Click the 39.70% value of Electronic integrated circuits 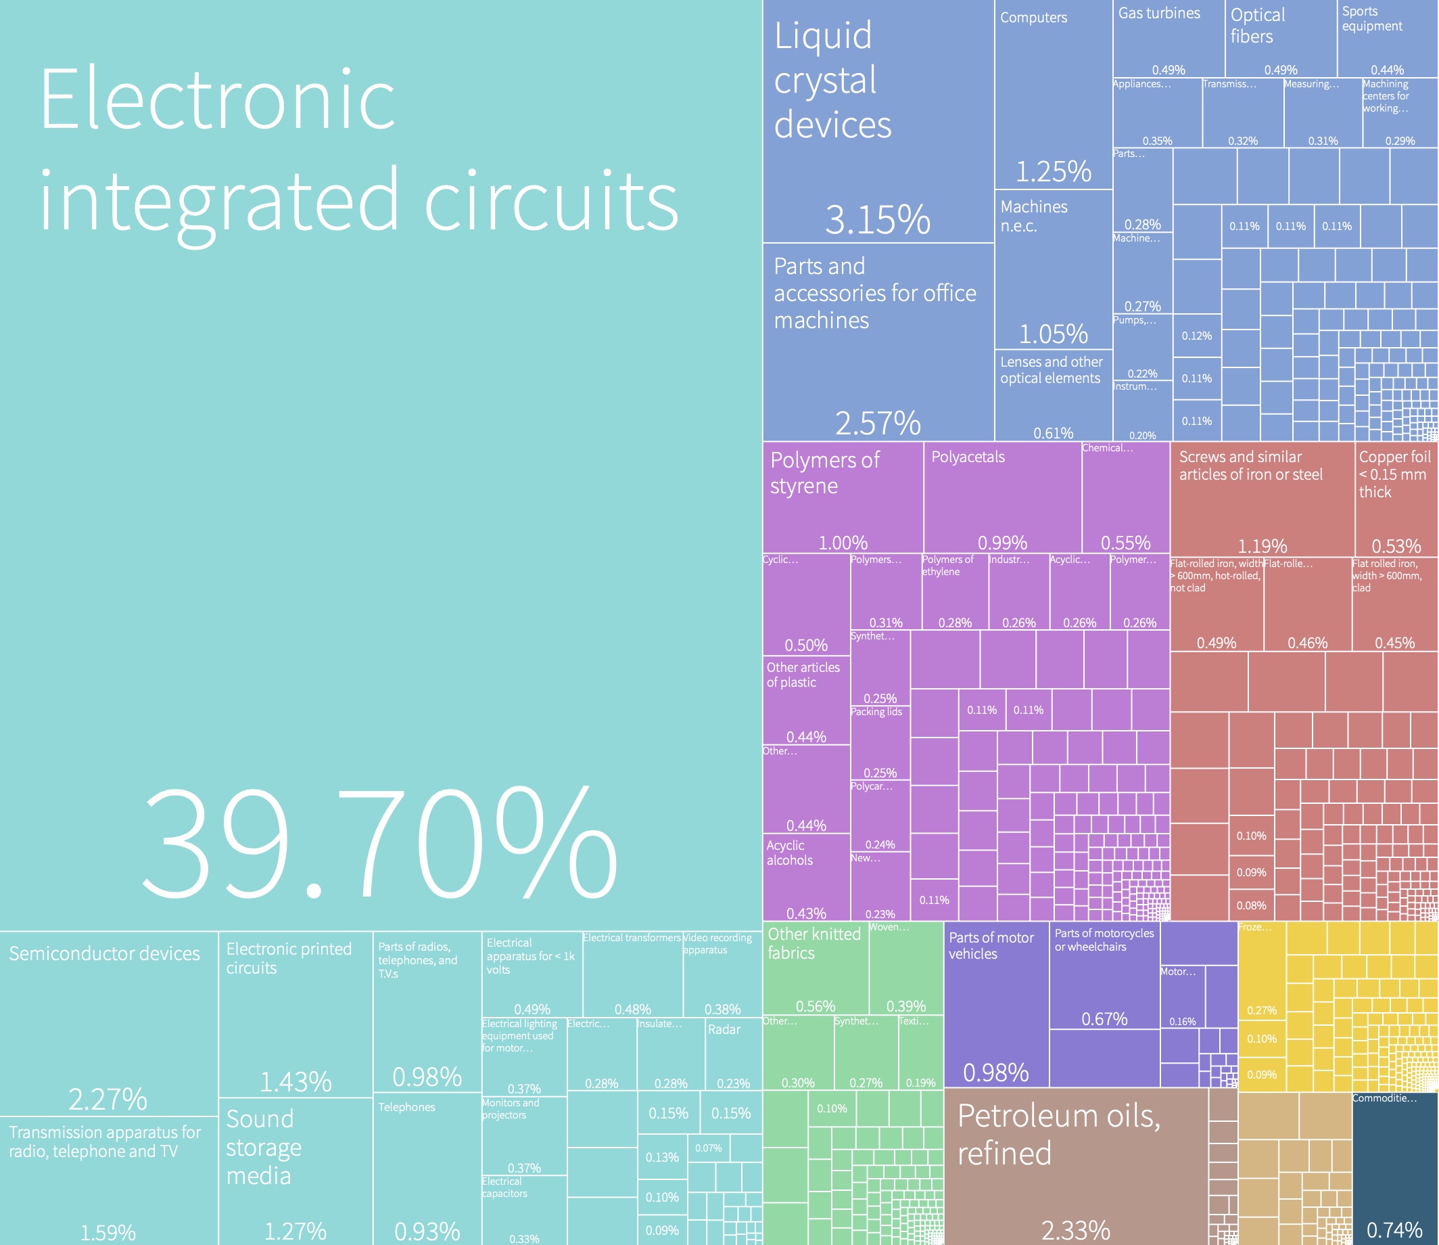379,844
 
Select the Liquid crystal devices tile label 832,80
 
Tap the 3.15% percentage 877,219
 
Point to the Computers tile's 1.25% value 1053,171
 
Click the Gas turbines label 1158,14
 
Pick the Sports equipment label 1371,19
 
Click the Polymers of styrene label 824,472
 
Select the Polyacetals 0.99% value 1001,542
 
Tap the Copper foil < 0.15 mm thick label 1394,474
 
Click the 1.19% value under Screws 1262,545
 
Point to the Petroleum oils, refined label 1058,1134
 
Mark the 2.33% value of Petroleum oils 1075,1229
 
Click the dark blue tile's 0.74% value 1394,1229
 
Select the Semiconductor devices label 104,953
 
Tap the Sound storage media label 263,1147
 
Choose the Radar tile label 724,1029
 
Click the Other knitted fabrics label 814,943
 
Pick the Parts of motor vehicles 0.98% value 995,1072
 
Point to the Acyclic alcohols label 789,853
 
